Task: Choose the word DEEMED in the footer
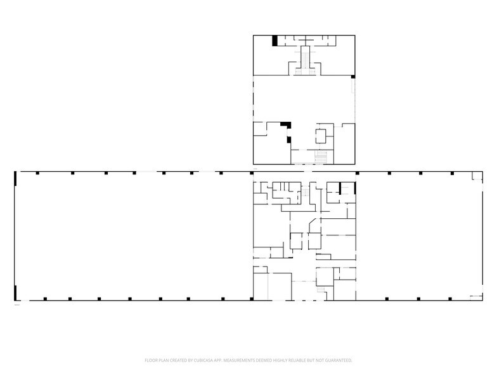point(266,360)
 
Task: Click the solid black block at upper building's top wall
point(275,40)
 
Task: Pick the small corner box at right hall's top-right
point(474,179)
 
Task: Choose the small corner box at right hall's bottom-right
point(475,296)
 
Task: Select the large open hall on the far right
point(418,235)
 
